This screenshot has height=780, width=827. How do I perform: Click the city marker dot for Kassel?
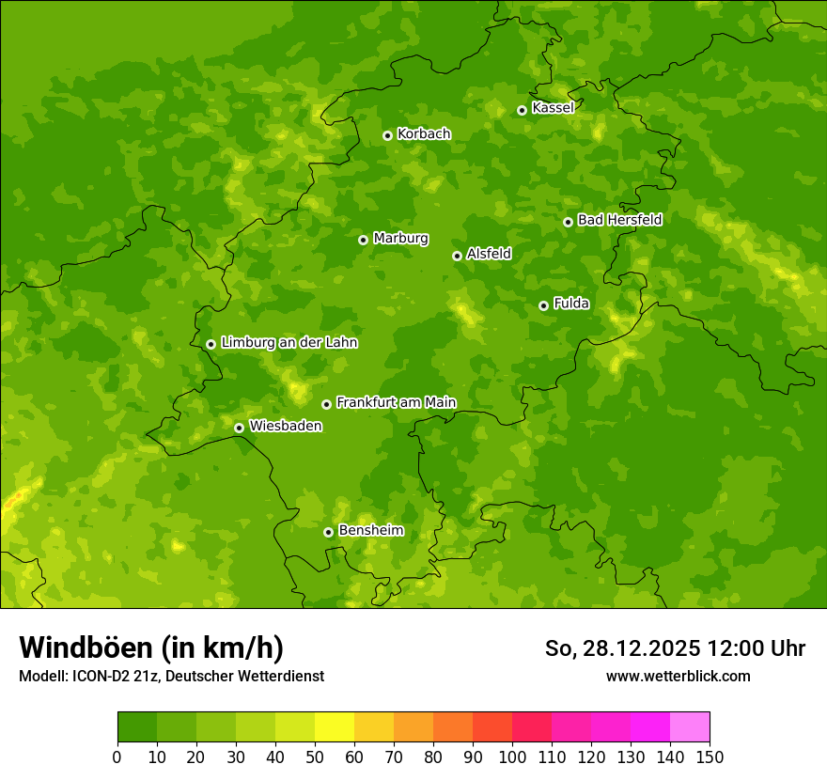522,110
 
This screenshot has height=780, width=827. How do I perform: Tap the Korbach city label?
424,134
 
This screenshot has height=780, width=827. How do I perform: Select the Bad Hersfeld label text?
619,220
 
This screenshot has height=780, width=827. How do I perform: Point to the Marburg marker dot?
363,240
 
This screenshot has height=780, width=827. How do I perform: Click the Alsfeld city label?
489,254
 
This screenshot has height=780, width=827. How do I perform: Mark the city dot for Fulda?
543,305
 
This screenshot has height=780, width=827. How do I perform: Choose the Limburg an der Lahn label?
289,343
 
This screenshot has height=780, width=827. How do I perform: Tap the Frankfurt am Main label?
396,403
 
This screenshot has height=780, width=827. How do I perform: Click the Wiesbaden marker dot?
239,428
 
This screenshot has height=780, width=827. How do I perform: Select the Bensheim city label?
370,531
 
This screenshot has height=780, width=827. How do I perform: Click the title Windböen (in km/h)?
151,647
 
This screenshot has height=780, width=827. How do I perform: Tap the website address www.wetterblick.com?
678,677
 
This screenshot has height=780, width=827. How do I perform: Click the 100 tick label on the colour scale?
512,757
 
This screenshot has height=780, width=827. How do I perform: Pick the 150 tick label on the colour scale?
710,757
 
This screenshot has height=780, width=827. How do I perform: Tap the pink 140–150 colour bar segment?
690,727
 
